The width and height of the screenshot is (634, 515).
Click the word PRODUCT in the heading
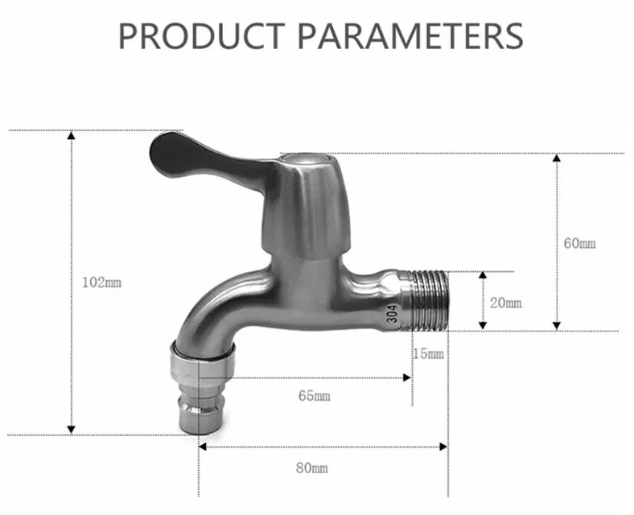pyautogui.click(x=201, y=36)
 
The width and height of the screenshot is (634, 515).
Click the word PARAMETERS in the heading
pyautogui.click(x=410, y=36)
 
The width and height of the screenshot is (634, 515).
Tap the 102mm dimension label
pyautogui.click(x=102, y=282)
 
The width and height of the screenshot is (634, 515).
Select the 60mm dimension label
pyautogui.click(x=580, y=243)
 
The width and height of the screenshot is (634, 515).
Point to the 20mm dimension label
pyautogui.click(x=506, y=303)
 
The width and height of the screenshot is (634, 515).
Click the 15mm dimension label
pyautogui.click(x=428, y=354)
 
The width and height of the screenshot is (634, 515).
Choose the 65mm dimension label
pyautogui.click(x=314, y=395)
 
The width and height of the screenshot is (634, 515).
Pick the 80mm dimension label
pyautogui.click(x=311, y=468)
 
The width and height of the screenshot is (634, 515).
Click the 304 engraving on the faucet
pyautogui.click(x=392, y=313)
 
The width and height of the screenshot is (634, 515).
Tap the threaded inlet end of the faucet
pyautogui.click(x=430, y=301)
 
